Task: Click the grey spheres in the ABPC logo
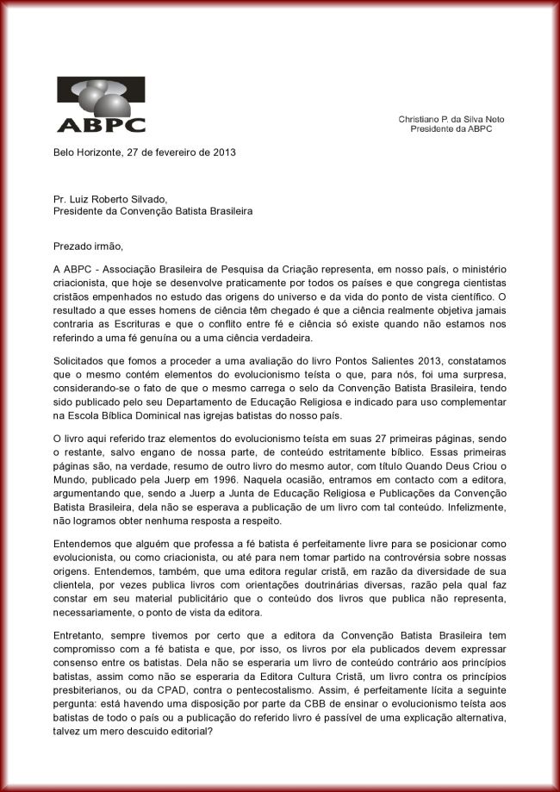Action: pos(98,96)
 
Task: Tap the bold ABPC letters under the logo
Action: pos(101,124)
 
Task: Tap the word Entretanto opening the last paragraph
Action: pos(81,634)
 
